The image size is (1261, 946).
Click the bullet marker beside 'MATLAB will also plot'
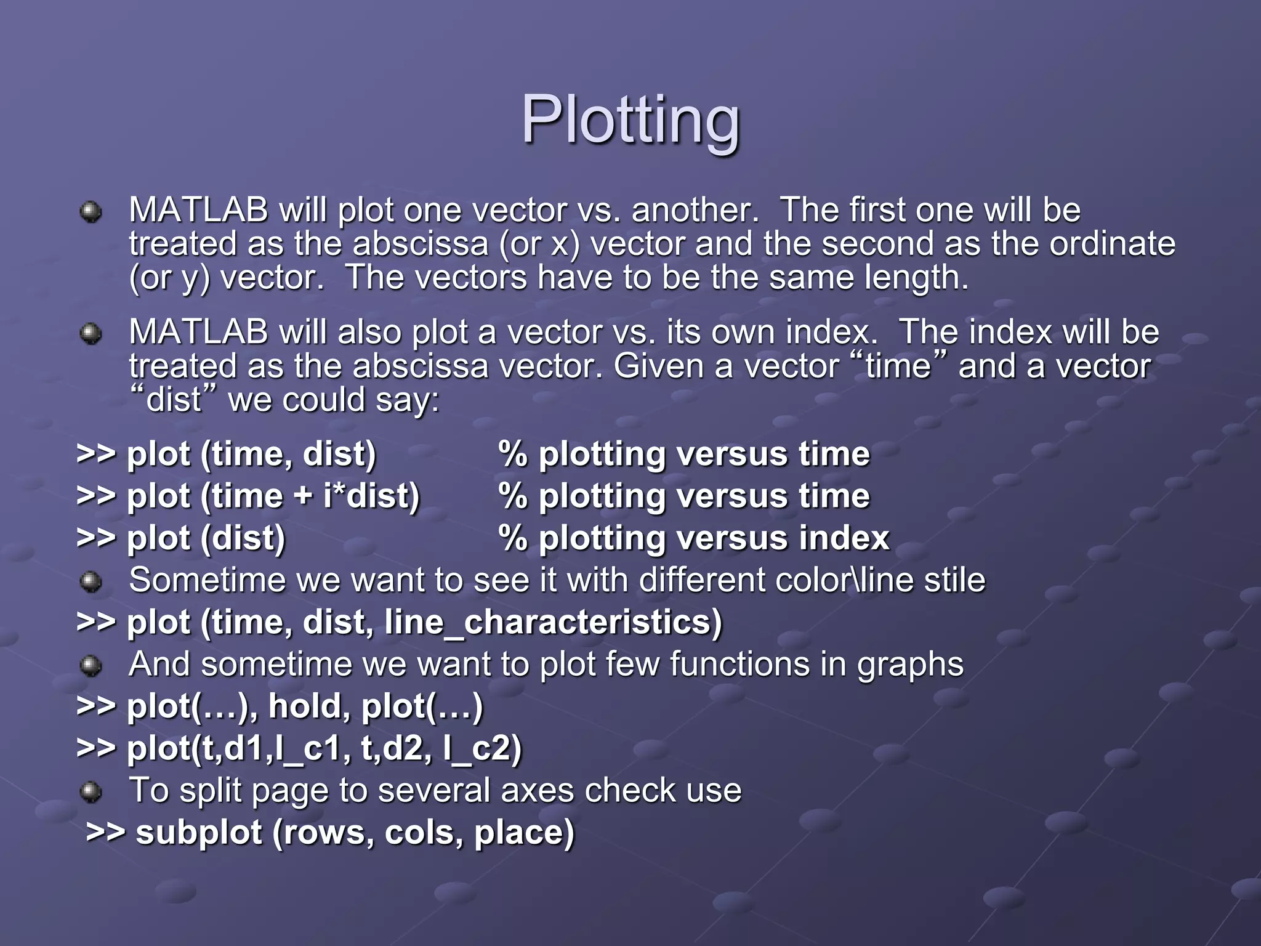pos(91,334)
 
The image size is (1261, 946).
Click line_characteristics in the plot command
pos(552,622)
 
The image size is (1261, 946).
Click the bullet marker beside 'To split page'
pos(91,792)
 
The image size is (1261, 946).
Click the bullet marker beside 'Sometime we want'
pos(91,581)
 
